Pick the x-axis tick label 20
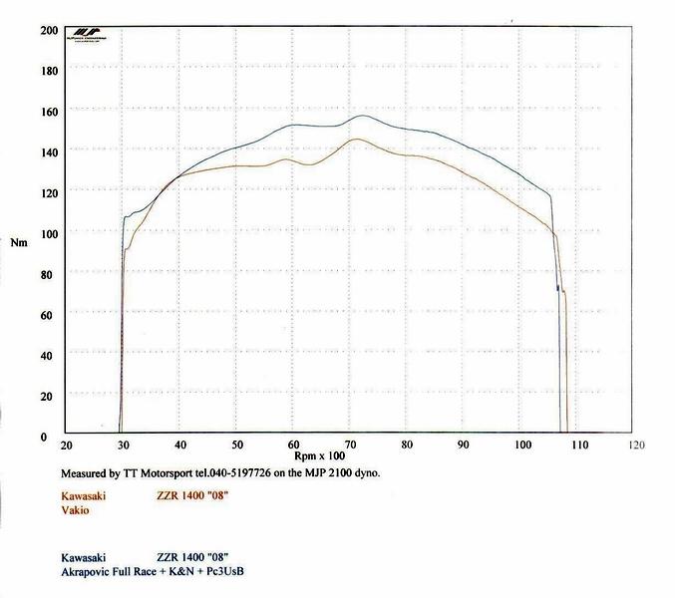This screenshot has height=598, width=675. (67, 447)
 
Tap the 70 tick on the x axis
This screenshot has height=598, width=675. (350, 447)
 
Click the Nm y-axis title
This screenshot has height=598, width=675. (19, 243)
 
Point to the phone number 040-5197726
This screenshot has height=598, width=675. (233, 474)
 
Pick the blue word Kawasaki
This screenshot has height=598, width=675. (84, 558)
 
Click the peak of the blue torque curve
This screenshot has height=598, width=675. (362, 116)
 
